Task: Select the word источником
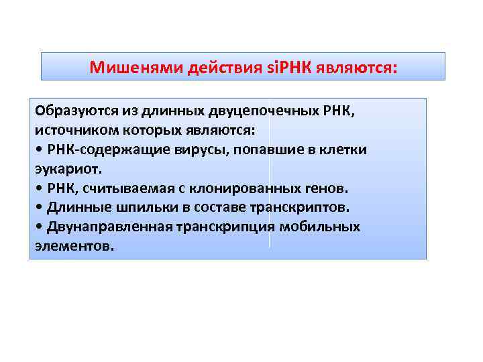click(69, 130)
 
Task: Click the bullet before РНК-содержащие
click(38, 149)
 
